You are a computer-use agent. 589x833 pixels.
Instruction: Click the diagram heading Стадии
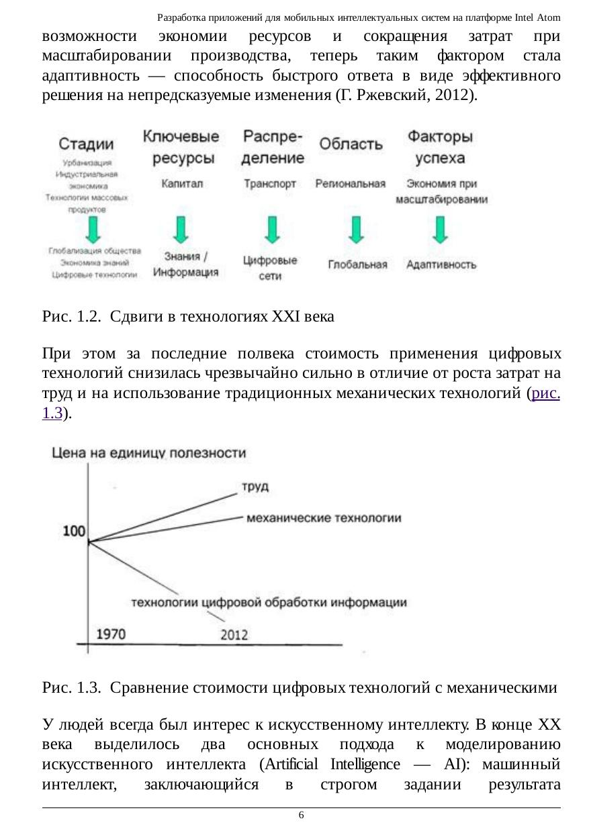coord(86,144)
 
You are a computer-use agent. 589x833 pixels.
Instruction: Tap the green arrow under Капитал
coord(181,229)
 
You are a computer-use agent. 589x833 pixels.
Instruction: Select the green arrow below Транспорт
coord(271,229)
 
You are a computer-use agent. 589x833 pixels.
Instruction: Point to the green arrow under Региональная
coord(356,229)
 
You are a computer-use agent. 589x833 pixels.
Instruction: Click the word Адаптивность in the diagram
coord(441,264)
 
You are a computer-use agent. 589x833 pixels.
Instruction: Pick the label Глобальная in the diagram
coord(357,265)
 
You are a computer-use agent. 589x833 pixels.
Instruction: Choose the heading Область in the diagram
coord(351,144)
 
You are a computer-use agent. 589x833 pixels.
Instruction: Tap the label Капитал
coord(181,183)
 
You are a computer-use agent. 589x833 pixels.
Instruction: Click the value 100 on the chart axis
coord(74,532)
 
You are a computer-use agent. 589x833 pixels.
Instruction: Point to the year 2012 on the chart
coord(234,634)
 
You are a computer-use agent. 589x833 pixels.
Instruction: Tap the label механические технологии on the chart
coord(324,518)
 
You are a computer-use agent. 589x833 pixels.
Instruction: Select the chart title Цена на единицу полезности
coord(149,454)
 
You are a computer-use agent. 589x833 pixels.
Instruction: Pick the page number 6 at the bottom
coord(301,815)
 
